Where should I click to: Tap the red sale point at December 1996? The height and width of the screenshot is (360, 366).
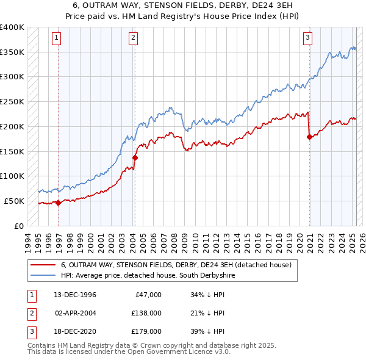pos(59,203)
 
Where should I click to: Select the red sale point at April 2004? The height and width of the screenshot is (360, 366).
pos(135,157)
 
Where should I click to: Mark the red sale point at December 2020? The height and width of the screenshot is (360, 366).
pos(309,137)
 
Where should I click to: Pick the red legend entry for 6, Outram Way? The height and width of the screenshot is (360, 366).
pos(176,265)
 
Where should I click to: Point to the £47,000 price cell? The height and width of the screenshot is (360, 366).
pos(148,295)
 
